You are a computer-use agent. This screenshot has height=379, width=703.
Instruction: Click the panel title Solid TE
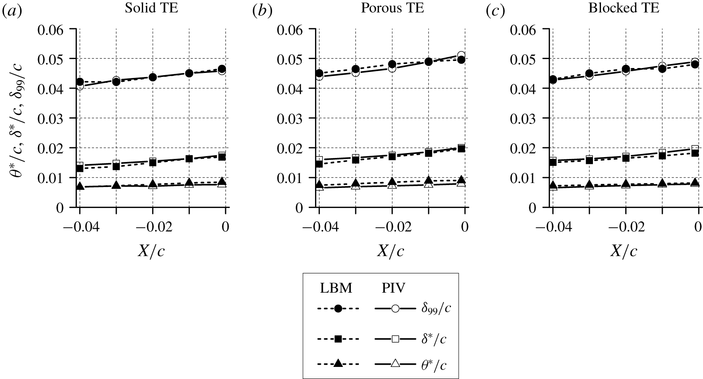(152, 9)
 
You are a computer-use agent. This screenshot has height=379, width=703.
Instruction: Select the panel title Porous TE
(392, 9)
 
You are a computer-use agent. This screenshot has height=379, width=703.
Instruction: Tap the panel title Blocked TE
(623, 9)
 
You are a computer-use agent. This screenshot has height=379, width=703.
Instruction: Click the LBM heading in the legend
(336, 289)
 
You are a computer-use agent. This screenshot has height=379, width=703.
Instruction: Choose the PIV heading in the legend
(393, 289)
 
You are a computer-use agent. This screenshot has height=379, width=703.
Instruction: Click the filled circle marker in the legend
(338, 309)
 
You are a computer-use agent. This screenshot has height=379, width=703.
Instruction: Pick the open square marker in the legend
(396, 339)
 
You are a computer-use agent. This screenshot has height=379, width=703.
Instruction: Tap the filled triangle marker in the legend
(338, 363)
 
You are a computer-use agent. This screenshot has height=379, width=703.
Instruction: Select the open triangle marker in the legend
(396, 363)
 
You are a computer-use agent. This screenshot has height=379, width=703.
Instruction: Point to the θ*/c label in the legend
(434, 365)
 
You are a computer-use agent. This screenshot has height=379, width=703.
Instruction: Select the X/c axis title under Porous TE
(390, 251)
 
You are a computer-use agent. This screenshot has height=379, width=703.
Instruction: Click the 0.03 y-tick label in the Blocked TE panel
(525, 119)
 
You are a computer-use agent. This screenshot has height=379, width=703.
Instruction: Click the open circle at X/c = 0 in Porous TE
(461, 55)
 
